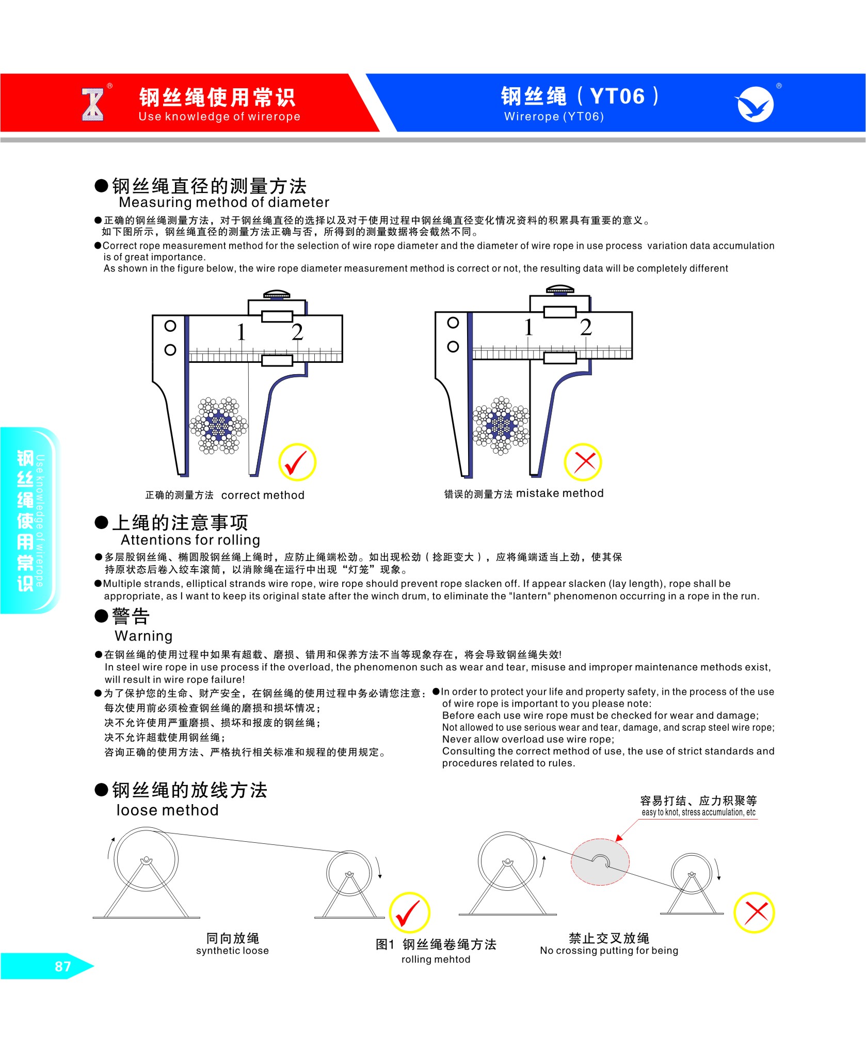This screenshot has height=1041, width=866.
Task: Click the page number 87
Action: tap(62, 966)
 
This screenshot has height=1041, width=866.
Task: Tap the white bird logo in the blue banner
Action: tap(755, 104)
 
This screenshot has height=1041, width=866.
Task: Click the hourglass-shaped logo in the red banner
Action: tap(93, 105)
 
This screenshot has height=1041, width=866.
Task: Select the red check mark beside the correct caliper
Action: tap(297, 462)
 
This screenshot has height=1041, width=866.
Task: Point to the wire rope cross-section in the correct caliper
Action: tap(219, 426)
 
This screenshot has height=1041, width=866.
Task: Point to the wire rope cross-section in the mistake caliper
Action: tap(501, 426)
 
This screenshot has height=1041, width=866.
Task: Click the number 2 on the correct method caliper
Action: tap(297, 332)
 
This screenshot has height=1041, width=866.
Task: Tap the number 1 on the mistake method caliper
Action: tap(528, 327)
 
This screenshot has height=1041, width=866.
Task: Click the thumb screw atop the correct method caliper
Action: tap(277, 295)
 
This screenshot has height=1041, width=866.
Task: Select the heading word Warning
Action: tap(143, 636)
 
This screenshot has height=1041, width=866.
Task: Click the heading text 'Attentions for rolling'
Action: tap(190, 540)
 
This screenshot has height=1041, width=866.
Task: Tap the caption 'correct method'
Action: tap(263, 495)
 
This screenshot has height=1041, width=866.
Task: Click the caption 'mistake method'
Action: tap(560, 493)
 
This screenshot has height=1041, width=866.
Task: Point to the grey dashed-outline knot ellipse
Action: tap(600, 861)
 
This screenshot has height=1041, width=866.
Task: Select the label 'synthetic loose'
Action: tap(232, 951)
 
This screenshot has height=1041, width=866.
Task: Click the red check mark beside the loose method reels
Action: tap(408, 912)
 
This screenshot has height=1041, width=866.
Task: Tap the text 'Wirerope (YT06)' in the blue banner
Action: tap(554, 117)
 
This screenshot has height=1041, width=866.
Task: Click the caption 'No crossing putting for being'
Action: tap(609, 951)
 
